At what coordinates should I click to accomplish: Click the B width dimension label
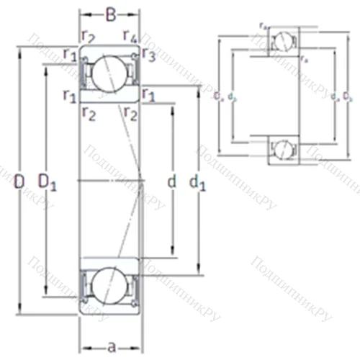coord(110,14)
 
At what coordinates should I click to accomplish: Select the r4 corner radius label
coord(130,35)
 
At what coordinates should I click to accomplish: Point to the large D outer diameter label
coord(19,182)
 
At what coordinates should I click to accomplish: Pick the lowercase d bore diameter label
coord(171,182)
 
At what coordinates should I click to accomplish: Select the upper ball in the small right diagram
coord(283,41)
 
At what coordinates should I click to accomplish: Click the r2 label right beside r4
coord(89,35)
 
